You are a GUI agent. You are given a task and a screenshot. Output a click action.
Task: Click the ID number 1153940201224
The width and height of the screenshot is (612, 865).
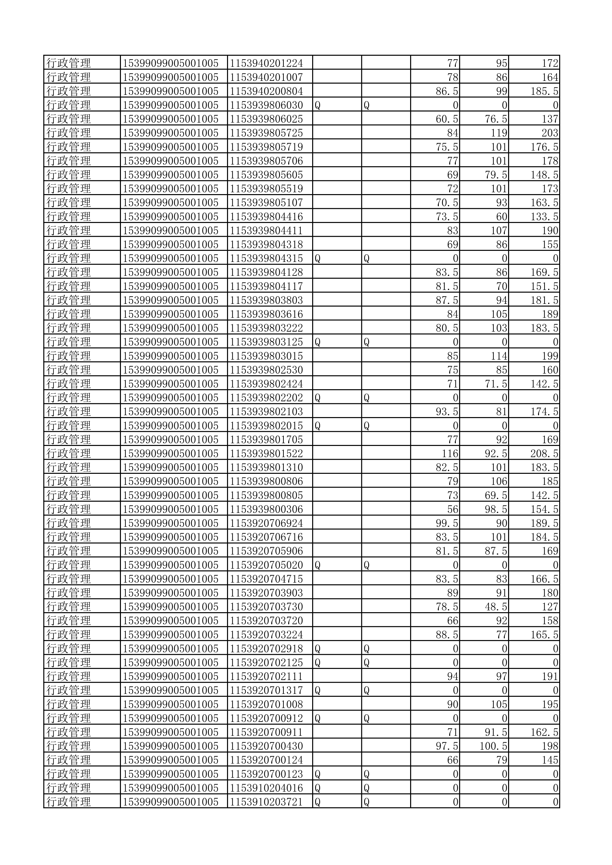[267, 63]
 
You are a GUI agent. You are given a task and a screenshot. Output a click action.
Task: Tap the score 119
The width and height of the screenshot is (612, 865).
[498, 133]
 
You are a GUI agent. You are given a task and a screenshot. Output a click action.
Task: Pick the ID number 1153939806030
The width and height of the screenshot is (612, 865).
[267, 105]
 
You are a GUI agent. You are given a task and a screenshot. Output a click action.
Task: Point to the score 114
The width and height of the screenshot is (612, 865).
[498, 356]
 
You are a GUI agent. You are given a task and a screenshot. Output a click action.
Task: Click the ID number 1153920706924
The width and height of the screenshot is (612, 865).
[267, 523]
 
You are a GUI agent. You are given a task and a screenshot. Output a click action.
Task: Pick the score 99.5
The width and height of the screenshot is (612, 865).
[447, 523]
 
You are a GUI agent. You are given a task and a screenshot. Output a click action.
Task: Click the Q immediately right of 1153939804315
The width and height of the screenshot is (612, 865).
[317, 259]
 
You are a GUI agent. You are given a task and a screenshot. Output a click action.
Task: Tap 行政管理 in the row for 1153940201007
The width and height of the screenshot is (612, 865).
[69, 77]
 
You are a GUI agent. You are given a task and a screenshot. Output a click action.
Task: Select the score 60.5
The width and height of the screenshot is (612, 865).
[447, 119]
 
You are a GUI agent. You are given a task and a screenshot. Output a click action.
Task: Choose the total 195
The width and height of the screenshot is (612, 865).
[550, 704]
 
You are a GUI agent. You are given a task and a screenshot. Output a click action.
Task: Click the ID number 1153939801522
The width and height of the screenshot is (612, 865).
[267, 454]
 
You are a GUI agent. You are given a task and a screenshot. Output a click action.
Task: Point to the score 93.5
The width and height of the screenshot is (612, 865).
[447, 412]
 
